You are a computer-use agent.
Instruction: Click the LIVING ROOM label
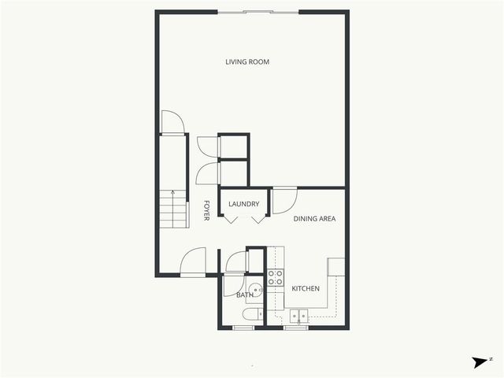pos(247,61)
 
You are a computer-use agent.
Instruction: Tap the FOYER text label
pos(206,209)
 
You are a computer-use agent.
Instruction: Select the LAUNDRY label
pos(244,205)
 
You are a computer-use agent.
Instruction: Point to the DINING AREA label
pos(315,219)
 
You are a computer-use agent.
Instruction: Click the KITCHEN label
pos(306,289)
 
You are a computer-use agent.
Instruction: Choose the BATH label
pos(244,295)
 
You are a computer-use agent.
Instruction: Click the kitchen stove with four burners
pos(276,277)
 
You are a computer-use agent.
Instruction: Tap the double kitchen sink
pos(298,317)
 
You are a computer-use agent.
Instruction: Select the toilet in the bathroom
pos(252,315)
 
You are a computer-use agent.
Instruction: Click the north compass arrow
pos(480,362)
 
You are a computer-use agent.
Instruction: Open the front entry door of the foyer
pos(192,261)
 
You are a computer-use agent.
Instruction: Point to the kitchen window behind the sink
pos(297,327)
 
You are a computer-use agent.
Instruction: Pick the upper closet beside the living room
pos(233,146)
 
